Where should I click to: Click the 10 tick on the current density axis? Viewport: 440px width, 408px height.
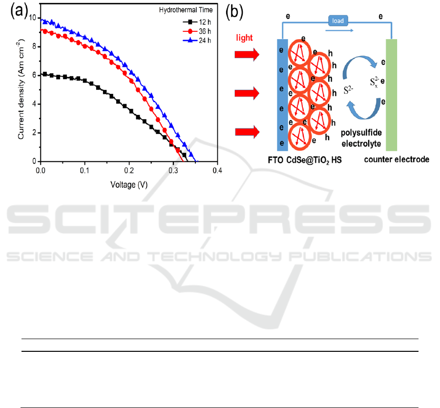pos(32,18)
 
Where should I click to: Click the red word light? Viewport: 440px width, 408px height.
pos(245,38)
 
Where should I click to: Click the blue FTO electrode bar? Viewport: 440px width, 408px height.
pos(282,95)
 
